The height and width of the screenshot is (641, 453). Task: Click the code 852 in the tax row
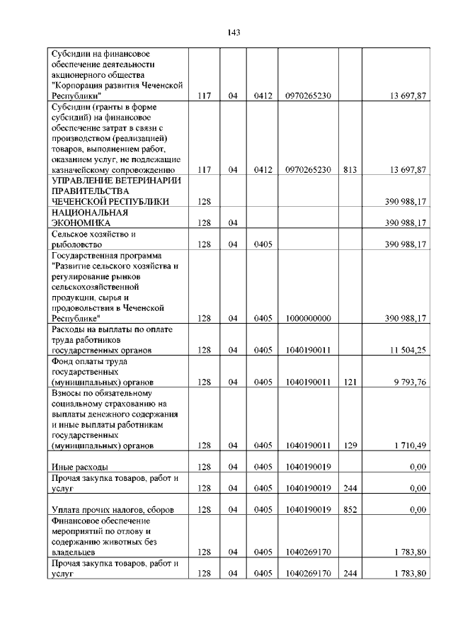point(349,509)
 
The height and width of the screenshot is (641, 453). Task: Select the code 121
point(349,382)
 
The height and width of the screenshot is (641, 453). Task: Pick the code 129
point(349,446)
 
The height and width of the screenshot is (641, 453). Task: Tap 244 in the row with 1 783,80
point(349,574)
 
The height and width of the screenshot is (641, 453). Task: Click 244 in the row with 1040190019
point(349,488)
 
